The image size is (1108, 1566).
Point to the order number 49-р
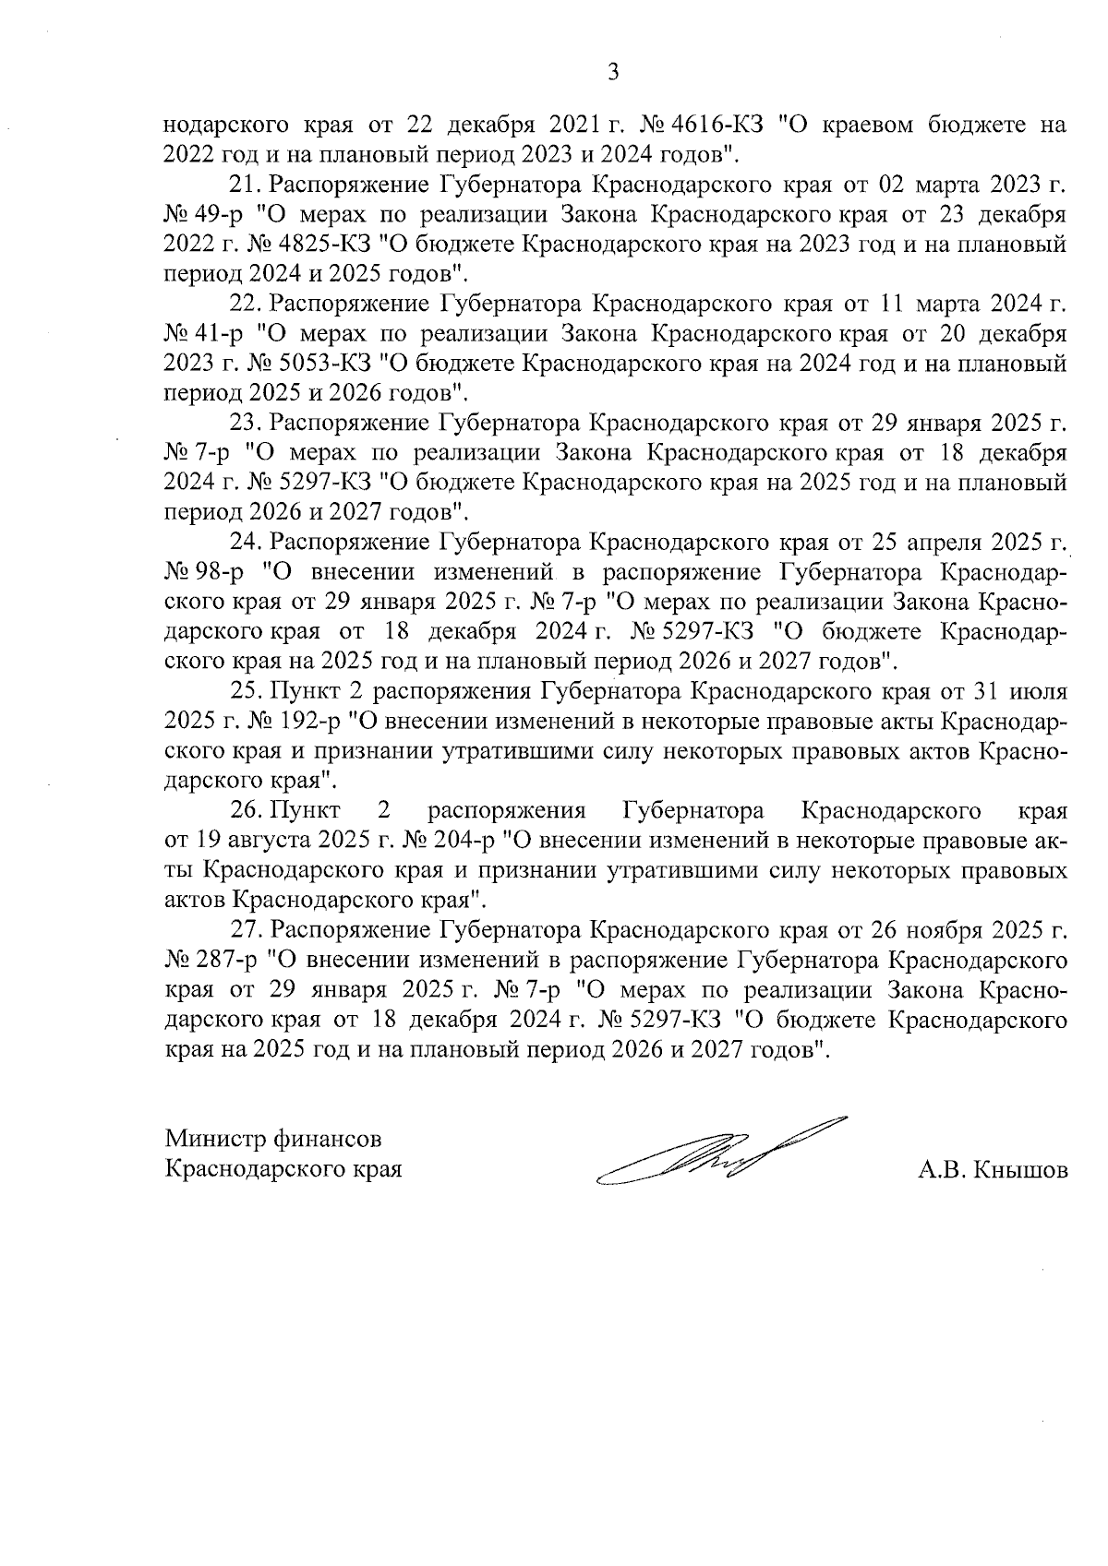(x=217, y=215)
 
